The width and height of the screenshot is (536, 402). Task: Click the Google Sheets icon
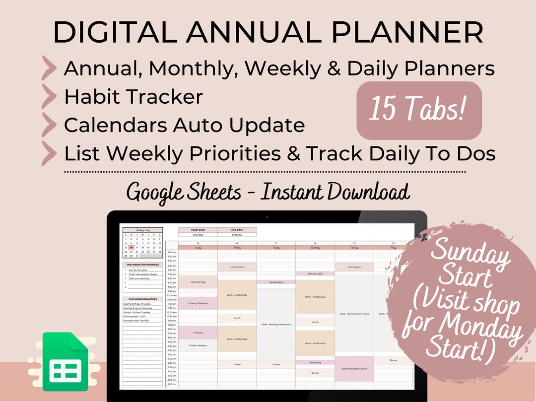coord(65,362)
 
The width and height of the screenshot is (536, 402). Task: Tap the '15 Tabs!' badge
coord(419,110)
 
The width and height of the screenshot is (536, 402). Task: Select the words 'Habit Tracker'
coord(134,97)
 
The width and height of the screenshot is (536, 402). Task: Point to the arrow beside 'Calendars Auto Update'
coord(49,126)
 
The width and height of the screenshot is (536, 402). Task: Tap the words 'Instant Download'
coord(335,192)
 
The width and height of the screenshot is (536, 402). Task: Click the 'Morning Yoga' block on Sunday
coord(198,282)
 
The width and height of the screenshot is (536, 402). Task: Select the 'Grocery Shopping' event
coord(198,303)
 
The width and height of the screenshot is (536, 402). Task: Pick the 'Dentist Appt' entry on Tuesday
coord(276,282)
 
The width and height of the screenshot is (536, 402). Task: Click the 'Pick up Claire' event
coord(315,273)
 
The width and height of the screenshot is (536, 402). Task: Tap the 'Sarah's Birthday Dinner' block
coord(354,369)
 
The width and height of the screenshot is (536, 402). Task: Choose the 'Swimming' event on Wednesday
coord(315,362)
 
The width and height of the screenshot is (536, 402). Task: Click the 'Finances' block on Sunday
coord(198,333)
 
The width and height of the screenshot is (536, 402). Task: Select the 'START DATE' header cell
coord(198,230)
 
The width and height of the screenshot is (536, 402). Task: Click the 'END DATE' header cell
coord(237,230)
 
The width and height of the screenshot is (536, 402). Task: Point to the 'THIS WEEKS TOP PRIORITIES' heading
coord(143,265)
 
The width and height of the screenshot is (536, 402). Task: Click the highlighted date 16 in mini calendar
coord(131,247)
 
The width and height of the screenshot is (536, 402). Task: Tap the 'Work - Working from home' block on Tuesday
coord(276,324)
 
